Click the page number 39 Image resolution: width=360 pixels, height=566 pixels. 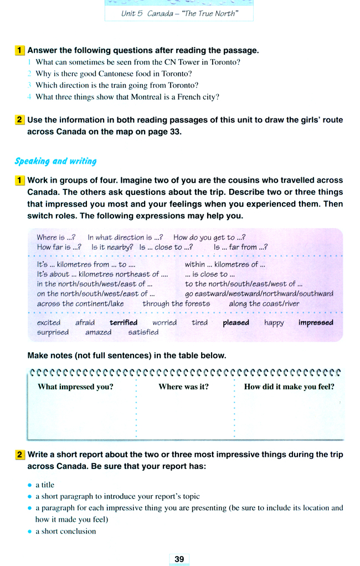pos(179,559)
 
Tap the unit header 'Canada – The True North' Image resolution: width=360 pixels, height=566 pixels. pos(179,13)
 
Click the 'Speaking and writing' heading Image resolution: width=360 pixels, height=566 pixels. pos(55,161)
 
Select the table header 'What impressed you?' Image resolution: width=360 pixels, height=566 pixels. pos(75,387)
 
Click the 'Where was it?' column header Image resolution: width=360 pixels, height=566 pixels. pos(183,387)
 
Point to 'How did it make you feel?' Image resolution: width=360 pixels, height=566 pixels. pos(289,387)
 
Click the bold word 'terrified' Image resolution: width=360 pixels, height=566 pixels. pos(124,322)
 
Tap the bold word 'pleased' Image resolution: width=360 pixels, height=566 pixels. pos(236,322)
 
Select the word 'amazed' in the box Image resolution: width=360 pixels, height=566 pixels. pos(98,332)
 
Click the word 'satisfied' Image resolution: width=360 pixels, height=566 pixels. pos(143,332)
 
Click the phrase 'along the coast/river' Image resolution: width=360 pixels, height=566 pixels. pos(264,303)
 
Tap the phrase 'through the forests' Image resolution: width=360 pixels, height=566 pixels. pos(176,303)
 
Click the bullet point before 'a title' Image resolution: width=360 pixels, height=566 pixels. pos(30,485)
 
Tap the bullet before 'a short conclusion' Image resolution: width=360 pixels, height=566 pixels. pos(30,531)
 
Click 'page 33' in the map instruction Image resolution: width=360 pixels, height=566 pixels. pos(166,132)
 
